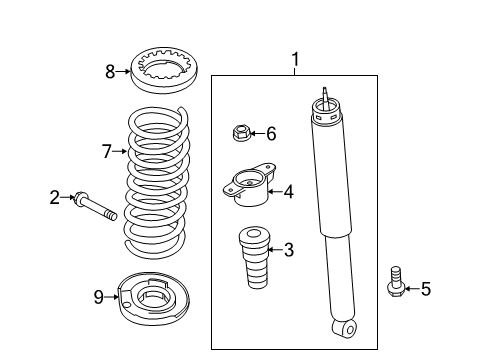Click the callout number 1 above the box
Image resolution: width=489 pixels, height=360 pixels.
295,59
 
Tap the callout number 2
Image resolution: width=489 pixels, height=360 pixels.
55,197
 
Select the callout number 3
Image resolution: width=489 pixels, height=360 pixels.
289,250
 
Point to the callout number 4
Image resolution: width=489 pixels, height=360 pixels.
289,192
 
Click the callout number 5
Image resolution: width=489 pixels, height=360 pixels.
426,289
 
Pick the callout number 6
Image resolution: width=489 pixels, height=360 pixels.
271,134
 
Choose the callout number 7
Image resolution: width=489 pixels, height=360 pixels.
107,151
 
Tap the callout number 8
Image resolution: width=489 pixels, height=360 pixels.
110,72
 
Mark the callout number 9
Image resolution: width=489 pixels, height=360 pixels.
98,297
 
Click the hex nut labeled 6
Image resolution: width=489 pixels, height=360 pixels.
241,132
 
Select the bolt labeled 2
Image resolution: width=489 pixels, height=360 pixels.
96,206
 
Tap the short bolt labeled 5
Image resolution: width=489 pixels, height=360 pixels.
396,282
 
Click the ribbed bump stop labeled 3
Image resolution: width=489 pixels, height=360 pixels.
254,258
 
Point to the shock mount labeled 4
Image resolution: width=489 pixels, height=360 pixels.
249,185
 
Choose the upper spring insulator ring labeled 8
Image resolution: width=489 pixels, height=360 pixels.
164,70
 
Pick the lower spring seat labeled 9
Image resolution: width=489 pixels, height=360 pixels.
154,298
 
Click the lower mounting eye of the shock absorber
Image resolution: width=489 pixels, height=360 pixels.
345,329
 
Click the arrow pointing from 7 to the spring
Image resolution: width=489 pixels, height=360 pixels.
120,151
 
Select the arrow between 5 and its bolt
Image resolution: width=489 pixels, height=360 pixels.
412,289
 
